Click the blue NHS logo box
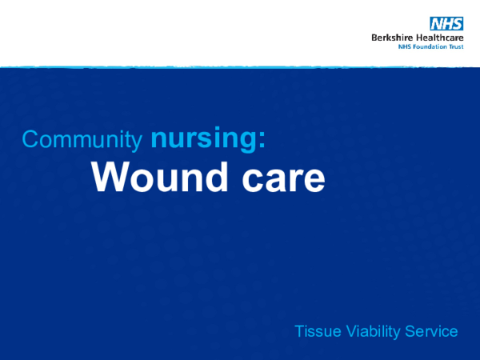pyautogui.click(x=446, y=23)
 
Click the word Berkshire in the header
pyautogui.click(x=390, y=37)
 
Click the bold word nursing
pyautogui.click(x=201, y=139)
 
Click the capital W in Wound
pyautogui.click(x=106, y=177)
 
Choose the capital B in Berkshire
pyautogui.click(x=374, y=37)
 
